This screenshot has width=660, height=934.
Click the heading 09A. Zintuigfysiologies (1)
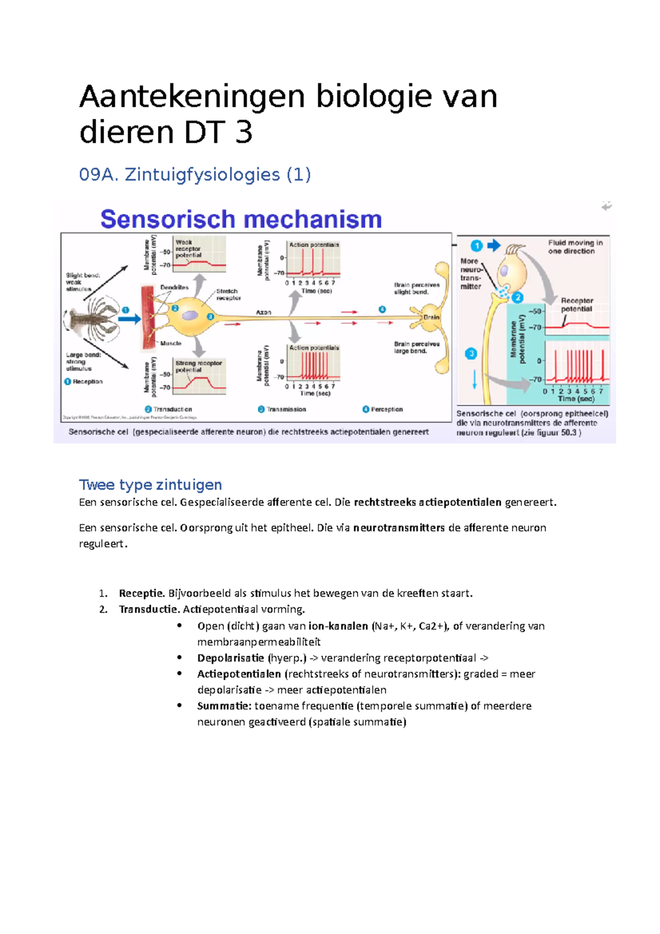[195, 174]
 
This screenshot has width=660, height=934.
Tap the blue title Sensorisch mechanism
[241, 219]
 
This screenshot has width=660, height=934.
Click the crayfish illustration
[94, 318]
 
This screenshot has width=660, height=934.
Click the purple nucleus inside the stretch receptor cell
[190, 315]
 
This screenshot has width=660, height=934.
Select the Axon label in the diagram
[263, 312]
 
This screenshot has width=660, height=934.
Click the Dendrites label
[174, 287]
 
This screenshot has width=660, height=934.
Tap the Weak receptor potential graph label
[189, 249]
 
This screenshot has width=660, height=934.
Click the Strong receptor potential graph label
[199, 366]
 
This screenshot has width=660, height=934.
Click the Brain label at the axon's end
[431, 317]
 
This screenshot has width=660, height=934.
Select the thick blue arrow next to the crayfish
[130, 318]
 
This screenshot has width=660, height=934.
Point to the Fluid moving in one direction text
[575, 246]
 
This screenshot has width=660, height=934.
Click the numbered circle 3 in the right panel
[471, 354]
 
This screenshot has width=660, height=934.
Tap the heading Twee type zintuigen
[150, 485]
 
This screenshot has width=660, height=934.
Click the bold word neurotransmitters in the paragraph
[399, 528]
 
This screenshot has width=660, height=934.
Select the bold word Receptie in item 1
[141, 593]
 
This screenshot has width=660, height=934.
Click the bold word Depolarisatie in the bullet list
[230, 658]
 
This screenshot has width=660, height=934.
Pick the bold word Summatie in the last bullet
[224, 706]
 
